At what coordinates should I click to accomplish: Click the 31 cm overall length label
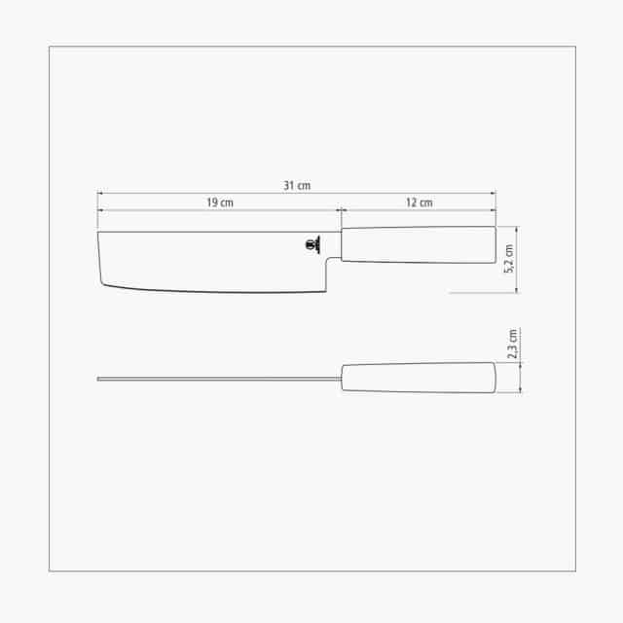pyautogui.click(x=297, y=185)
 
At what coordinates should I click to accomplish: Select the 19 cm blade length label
pyautogui.click(x=219, y=202)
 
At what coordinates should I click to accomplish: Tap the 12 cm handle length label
pyautogui.click(x=419, y=202)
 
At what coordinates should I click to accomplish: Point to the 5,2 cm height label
pyautogui.click(x=508, y=260)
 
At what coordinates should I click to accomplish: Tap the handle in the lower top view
pyautogui.click(x=418, y=377)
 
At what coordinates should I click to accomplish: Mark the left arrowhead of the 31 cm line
pyautogui.click(x=99, y=193)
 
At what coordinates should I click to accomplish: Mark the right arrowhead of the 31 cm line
pyautogui.click(x=494, y=193)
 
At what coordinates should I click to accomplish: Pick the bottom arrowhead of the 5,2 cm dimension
pyautogui.click(x=516, y=290)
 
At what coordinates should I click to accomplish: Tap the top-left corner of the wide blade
pyautogui.click(x=98, y=232)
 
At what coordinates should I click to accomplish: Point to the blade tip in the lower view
pyautogui.click(x=99, y=378)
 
